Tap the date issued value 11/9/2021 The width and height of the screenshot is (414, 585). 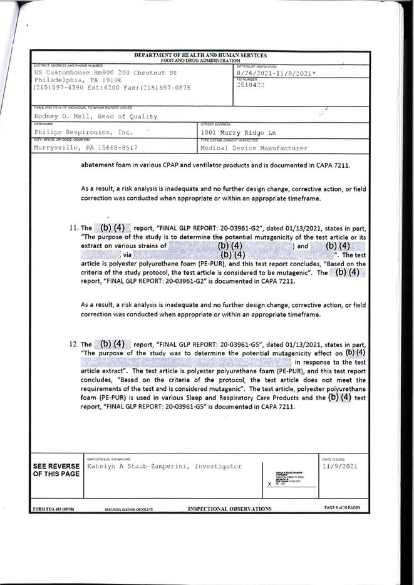(x=341, y=467)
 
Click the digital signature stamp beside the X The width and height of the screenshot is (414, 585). (x=292, y=479)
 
